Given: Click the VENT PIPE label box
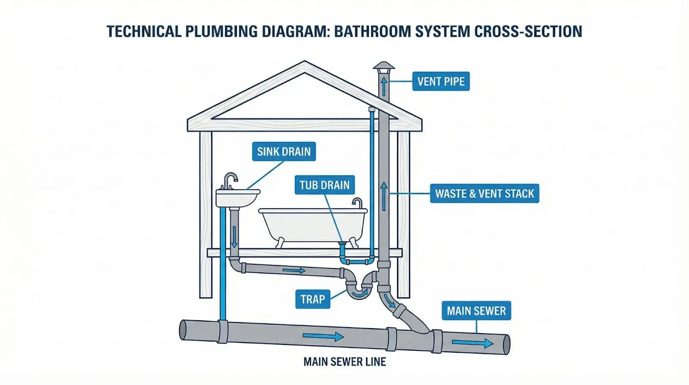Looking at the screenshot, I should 441,81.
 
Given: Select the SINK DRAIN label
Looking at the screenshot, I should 284,151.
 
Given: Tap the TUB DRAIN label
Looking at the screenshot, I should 324,185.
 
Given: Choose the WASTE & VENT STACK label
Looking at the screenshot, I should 484,194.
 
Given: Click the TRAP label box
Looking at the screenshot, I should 313,299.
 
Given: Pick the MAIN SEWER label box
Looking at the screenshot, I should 476,310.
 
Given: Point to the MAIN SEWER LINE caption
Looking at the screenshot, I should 344,362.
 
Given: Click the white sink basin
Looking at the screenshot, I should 237,198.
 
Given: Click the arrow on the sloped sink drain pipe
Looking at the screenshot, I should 294,270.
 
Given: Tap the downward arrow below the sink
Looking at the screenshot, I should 234,237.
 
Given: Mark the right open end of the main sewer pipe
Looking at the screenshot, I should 506,344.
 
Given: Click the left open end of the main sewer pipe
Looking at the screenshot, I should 183,330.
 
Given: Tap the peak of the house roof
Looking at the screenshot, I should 305,63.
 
